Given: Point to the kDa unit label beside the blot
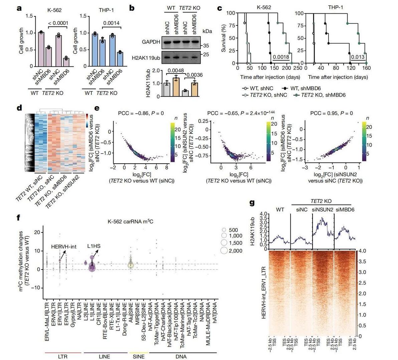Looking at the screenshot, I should click(x=207, y=31).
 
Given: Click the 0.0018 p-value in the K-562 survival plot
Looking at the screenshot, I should click(x=281, y=57).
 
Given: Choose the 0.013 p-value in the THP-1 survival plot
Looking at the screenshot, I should click(x=357, y=57).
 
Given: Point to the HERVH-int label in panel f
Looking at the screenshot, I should click(x=64, y=247).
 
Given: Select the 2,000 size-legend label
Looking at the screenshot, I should click(x=235, y=250).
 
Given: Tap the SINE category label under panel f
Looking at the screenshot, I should click(x=138, y=356).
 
